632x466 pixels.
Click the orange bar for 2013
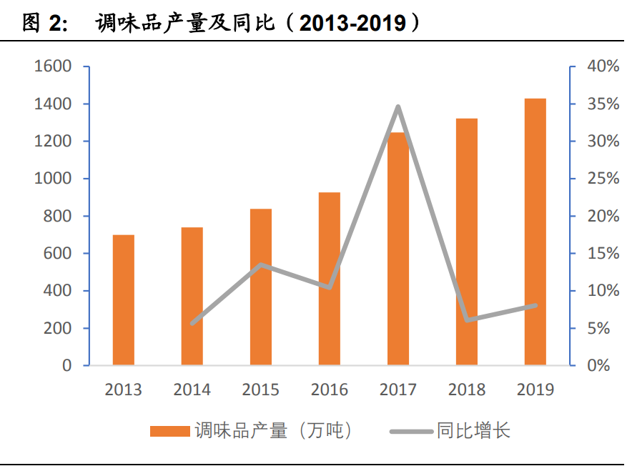click(x=124, y=300)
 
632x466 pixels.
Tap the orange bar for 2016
click(x=330, y=279)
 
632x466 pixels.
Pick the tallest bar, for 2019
click(x=535, y=232)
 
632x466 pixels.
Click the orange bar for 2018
click(x=467, y=242)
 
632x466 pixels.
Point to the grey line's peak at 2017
click(x=398, y=107)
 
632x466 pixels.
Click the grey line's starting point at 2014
click(x=192, y=324)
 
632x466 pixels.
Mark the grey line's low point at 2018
click(x=467, y=319)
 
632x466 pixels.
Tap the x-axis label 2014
click(x=192, y=390)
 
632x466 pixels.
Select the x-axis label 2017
click(x=398, y=390)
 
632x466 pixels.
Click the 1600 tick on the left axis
click(x=52, y=67)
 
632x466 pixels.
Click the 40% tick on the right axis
click(x=602, y=67)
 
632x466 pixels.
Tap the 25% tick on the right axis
click(x=602, y=179)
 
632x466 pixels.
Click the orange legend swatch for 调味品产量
click(x=170, y=431)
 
